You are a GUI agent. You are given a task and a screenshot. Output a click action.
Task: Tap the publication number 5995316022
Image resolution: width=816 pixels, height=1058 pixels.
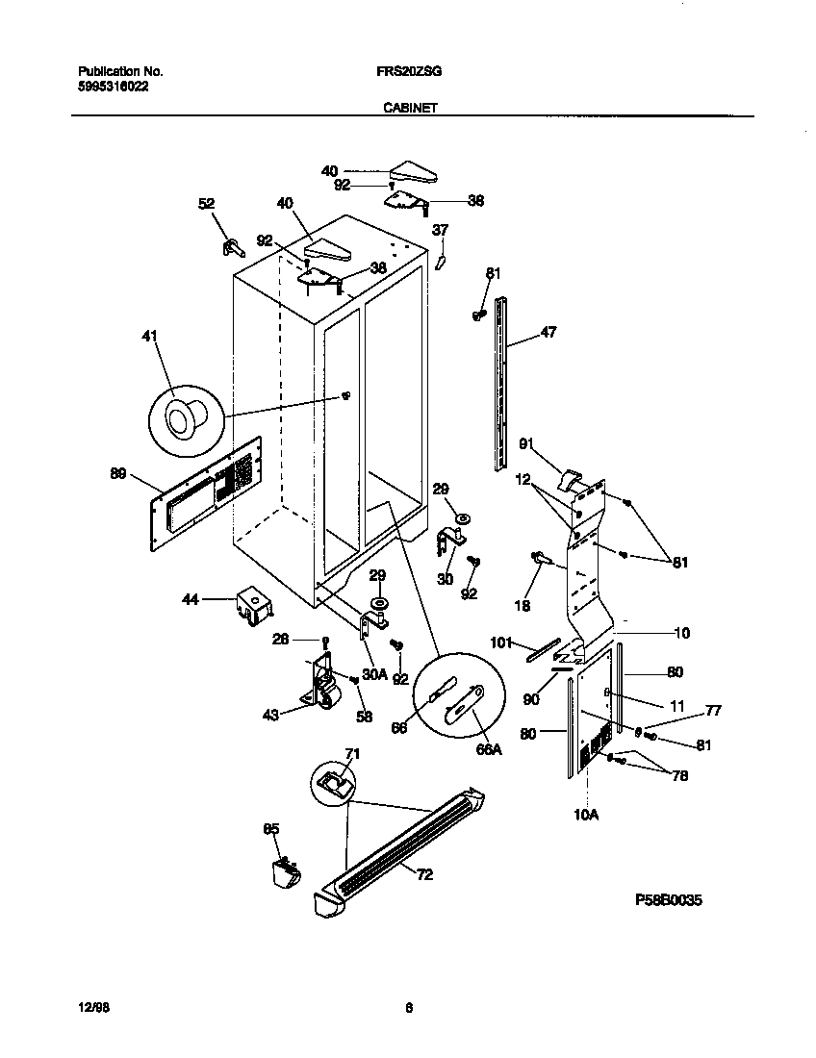[x=113, y=86]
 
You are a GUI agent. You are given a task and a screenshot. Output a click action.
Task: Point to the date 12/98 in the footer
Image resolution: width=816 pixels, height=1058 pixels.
[x=90, y=1007]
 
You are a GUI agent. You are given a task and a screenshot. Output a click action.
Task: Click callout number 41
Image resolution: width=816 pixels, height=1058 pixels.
[x=150, y=337]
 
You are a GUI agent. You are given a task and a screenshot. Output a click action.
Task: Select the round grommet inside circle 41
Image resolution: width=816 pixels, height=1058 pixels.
[x=183, y=417]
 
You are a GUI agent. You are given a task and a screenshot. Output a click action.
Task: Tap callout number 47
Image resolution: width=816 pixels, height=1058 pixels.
[x=548, y=332]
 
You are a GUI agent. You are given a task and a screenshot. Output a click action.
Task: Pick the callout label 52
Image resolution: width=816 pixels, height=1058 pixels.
[x=206, y=204]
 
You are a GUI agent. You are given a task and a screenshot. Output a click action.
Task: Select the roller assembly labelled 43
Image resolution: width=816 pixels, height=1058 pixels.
[x=322, y=686]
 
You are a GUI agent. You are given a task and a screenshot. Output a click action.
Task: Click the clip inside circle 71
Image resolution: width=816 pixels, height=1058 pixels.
[x=331, y=781]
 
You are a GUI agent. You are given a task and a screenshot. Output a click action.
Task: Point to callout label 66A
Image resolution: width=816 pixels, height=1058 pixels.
[x=490, y=749]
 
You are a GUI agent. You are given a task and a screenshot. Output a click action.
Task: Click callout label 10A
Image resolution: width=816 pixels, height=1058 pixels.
[x=586, y=815]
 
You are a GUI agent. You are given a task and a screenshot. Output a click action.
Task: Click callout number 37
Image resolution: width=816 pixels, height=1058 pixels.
[x=440, y=230]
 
